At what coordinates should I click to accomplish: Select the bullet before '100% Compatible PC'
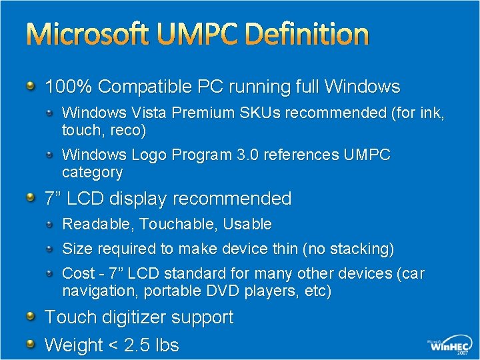click(x=31, y=86)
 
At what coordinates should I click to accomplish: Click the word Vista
click(x=149, y=113)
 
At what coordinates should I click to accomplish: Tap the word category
click(x=92, y=173)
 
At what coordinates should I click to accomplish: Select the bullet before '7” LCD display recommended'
click(x=31, y=197)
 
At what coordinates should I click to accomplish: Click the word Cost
click(x=77, y=273)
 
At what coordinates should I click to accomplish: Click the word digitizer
click(x=129, y=317)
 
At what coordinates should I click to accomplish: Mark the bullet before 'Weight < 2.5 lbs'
click(x=31, y=344)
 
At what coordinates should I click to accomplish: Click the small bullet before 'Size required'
click(x=51, y=249)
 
